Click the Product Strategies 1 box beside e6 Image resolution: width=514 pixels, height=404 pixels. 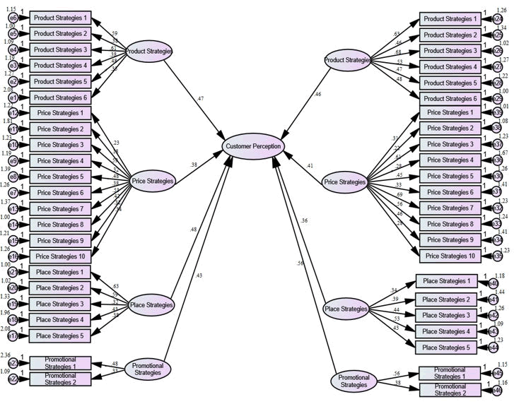pyautogui.click(x=62, y=17)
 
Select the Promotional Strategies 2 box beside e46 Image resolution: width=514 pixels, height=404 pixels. pyautogui.click(x=450, y=388)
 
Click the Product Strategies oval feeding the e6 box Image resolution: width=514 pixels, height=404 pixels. pyautogui.click(x=149, y=51)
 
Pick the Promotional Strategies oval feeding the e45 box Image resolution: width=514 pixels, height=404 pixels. pyautogui.click(x=354, y=381)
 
